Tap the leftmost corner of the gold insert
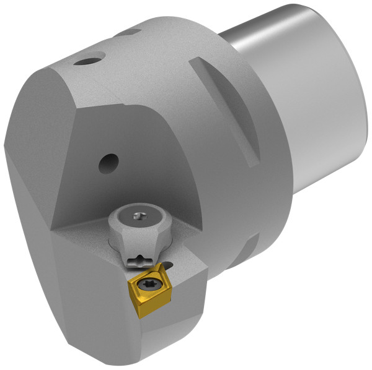pos(128,285)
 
